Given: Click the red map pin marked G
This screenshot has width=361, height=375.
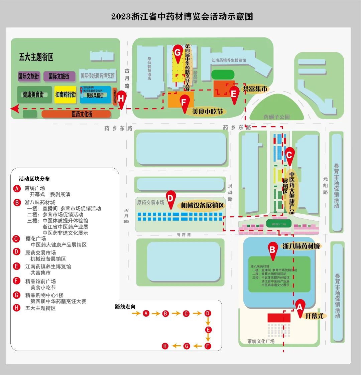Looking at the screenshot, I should (x=177, y=53).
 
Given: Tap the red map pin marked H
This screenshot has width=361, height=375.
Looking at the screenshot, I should (x=121, y=99).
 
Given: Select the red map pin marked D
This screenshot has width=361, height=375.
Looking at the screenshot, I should (x=170, y=199).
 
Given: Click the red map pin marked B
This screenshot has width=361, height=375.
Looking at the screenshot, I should (x=273, y=250).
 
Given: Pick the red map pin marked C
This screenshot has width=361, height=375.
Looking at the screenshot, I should (x=289, y=155).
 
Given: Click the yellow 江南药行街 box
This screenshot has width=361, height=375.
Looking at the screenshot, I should (x=66, y=95).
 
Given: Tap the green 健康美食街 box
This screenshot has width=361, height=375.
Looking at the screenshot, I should (x=34, y=95).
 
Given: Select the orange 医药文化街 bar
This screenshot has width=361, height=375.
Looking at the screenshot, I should (x=76, y=114).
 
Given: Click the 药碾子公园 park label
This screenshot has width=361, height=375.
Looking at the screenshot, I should (x=276, y=117).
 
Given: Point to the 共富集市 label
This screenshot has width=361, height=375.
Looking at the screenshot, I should (x=255, y=89).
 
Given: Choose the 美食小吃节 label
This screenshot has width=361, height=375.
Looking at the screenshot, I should (x=207, y=112).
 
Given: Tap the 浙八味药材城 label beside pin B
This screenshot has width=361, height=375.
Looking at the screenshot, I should (x=301, y=246).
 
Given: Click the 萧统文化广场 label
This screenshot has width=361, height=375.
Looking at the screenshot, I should (x=261, y=341).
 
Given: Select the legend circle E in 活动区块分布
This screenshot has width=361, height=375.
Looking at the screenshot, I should (x=17, y=266).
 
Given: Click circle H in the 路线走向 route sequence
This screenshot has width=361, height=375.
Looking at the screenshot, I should (x=165, y=346).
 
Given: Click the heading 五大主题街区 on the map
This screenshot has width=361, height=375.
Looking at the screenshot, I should (x=36, y=57).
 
